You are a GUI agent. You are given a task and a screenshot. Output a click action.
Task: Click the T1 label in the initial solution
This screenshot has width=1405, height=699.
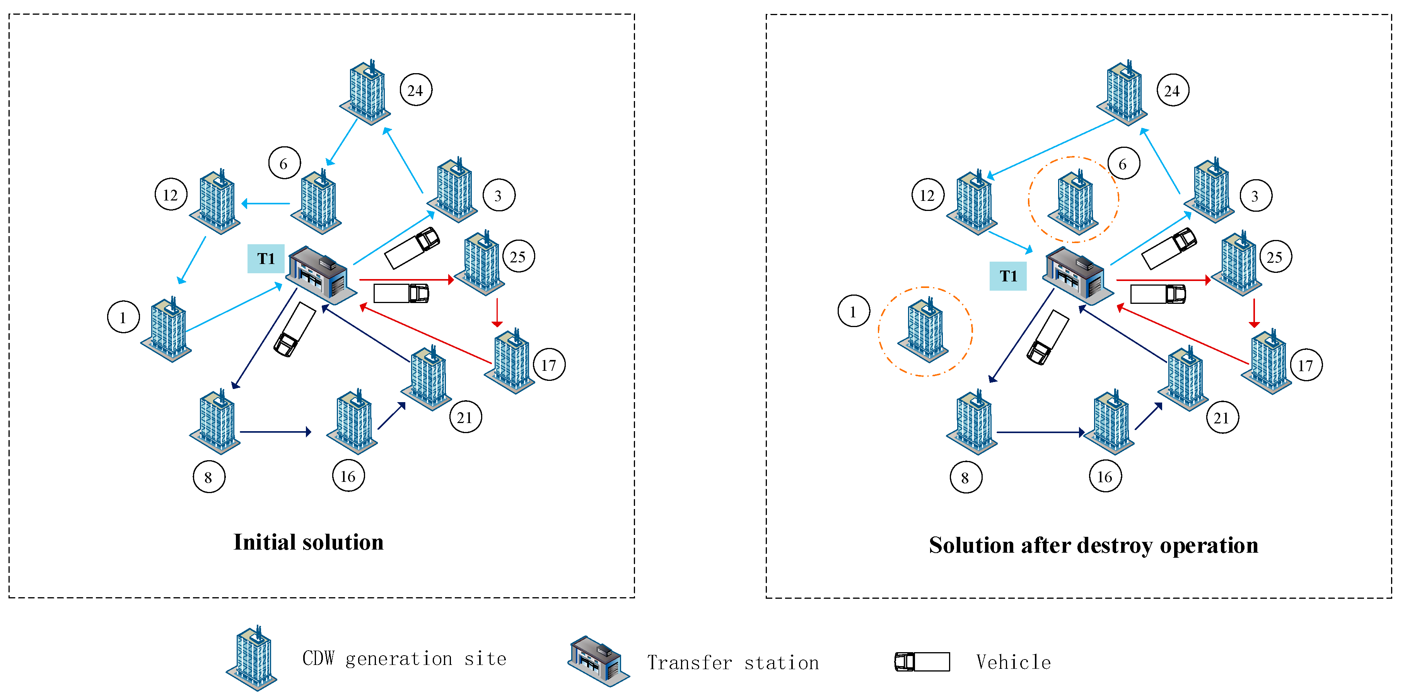click(266, 258)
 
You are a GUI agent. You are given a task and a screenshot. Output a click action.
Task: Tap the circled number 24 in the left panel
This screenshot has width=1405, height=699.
click(416, 90)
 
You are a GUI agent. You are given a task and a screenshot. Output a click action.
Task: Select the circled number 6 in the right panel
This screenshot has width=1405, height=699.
click(1123, 164)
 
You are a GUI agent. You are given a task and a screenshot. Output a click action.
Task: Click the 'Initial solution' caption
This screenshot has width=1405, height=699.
click(308, 542)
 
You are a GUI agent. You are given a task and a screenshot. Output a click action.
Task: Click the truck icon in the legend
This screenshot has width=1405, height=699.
click(922, 661)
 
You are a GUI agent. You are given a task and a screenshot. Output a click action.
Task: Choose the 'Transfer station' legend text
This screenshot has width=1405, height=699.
click(732, 663)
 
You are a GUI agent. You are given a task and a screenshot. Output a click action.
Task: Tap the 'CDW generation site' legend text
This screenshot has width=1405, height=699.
click(404, 659)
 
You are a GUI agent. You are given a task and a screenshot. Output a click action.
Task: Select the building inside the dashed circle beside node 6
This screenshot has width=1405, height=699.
click(1074, 202)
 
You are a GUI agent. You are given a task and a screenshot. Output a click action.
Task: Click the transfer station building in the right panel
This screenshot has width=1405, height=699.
click(1077, 276)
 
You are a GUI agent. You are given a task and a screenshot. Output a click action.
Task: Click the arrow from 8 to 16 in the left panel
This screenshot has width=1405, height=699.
click(275, 432)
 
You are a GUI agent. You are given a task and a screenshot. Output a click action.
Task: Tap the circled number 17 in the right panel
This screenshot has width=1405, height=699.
click(1306, 365)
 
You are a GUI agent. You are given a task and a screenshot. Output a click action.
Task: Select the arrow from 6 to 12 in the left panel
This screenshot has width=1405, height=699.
click(266, 204)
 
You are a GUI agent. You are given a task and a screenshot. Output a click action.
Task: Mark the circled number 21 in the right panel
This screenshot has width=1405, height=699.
click(1222, 418)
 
